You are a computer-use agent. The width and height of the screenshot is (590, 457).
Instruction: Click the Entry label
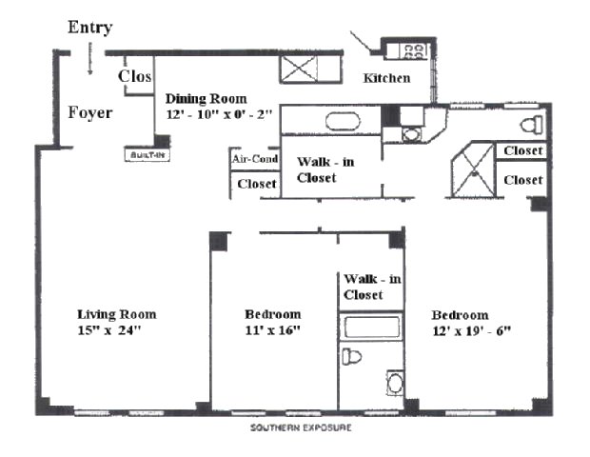(x=90, y=27)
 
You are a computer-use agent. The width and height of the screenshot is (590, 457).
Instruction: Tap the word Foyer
(x=90, y=113)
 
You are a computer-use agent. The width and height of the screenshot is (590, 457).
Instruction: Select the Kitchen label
(x=387, y=77)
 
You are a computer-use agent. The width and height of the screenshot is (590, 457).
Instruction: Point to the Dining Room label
(x=206, y=98)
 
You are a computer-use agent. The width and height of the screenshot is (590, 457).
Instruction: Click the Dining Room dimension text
(x=220, y=114)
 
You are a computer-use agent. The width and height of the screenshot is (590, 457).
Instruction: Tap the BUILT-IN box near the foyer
(x=146, y=153)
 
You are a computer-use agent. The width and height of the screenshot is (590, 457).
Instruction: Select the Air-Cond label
(x=255, y=160)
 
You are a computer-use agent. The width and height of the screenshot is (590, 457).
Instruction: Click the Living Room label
(x=116, y=314)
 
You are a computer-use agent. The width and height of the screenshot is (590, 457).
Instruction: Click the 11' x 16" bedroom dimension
(x=272, y=331)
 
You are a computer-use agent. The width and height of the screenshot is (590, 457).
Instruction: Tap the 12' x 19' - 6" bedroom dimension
(x=473, y=331)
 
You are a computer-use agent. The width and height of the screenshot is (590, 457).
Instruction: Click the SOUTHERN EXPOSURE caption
(x=301, y=428)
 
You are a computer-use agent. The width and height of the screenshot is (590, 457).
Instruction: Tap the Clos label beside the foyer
(x=136, y=76)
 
